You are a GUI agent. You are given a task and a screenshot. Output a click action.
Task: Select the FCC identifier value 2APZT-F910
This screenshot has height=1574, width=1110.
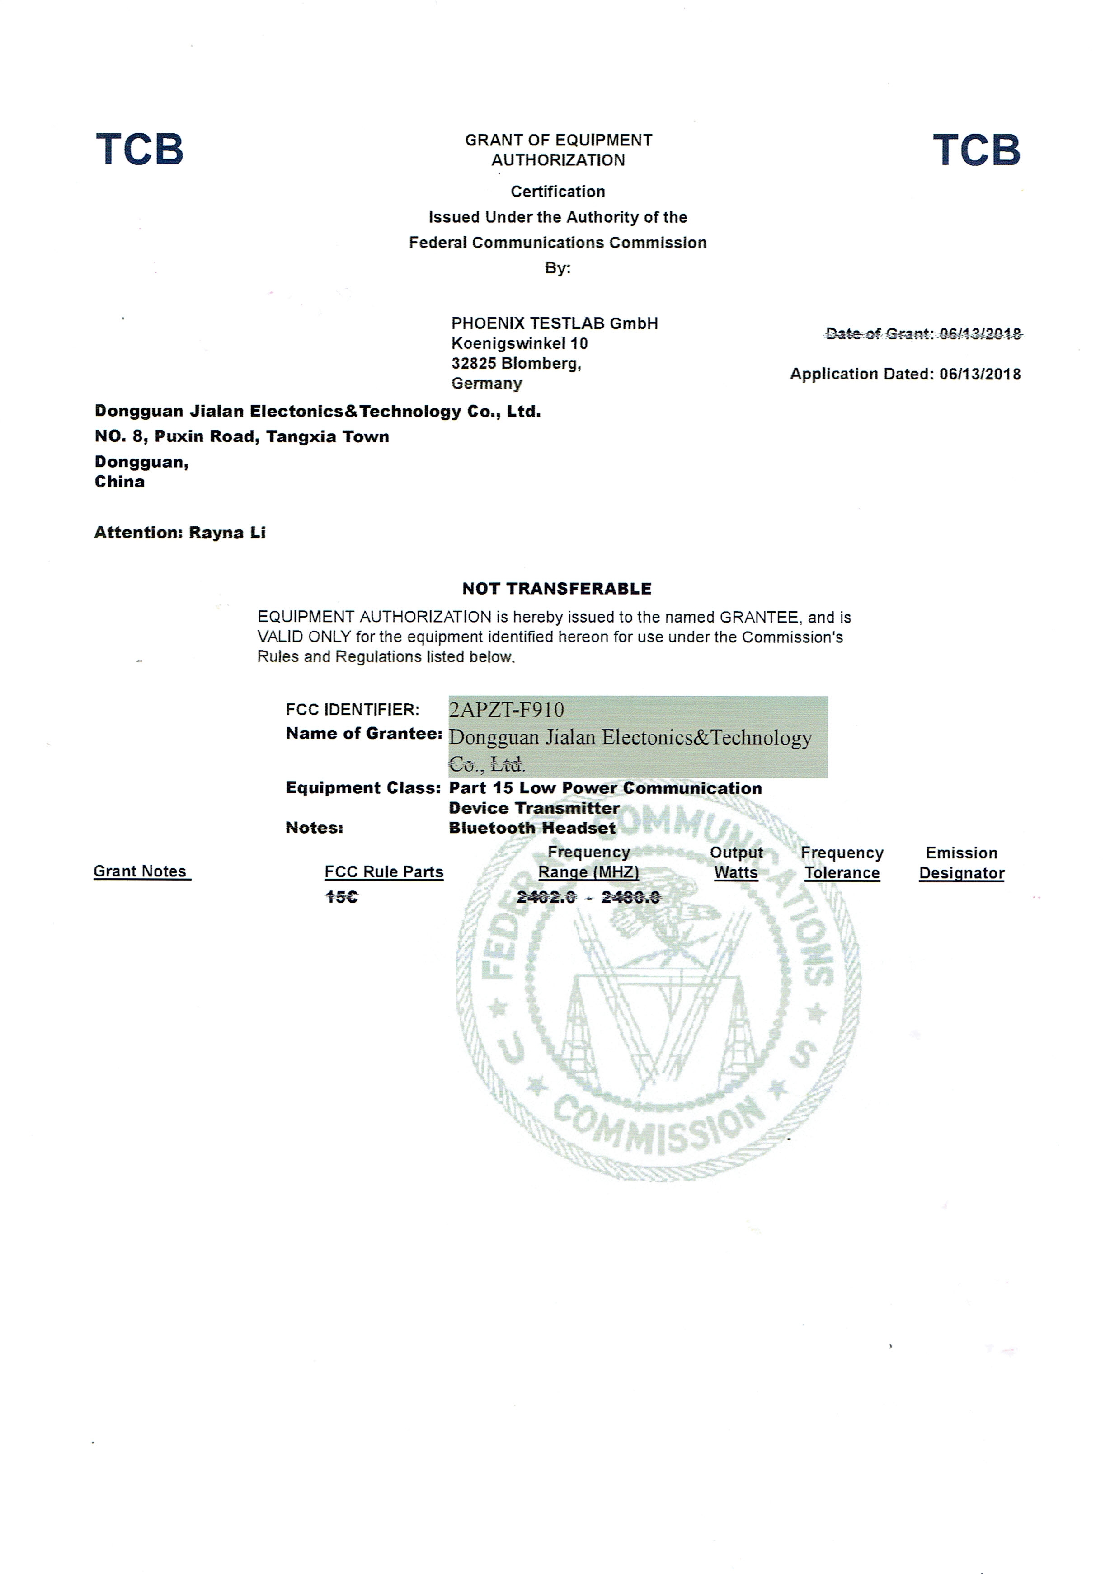click(506, 710)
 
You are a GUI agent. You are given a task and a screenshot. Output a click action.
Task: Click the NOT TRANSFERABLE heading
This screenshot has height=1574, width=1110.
click(557, 588)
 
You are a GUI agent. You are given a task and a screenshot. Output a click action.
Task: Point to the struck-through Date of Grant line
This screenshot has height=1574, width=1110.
click(923, 334)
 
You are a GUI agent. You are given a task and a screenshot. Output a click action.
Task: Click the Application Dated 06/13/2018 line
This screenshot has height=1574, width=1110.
click(905, 375)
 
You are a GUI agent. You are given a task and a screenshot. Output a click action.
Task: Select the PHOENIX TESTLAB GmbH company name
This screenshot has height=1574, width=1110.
click(554, 323)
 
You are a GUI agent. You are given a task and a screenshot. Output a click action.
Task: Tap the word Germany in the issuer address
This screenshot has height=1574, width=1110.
click(486, 383)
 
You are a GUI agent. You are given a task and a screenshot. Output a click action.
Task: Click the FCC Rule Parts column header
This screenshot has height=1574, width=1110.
click(384, 872)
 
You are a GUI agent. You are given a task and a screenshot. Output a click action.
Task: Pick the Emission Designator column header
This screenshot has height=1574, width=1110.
click(961, 863)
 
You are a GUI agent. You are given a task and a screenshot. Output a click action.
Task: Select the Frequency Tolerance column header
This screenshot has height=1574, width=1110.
click(842, 863)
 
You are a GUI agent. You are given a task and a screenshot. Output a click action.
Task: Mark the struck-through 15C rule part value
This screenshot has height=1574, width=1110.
click(341, 897)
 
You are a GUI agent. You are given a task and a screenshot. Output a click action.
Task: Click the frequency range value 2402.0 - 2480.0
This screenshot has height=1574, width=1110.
click(588, 897)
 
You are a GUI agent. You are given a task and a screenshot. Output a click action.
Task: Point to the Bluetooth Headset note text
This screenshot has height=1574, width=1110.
click(532, 828)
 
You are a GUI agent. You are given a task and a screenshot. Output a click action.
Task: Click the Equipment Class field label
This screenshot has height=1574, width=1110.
click(362, 788)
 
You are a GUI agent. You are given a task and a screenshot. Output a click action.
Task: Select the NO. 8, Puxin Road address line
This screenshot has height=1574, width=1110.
click(241, 437)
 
